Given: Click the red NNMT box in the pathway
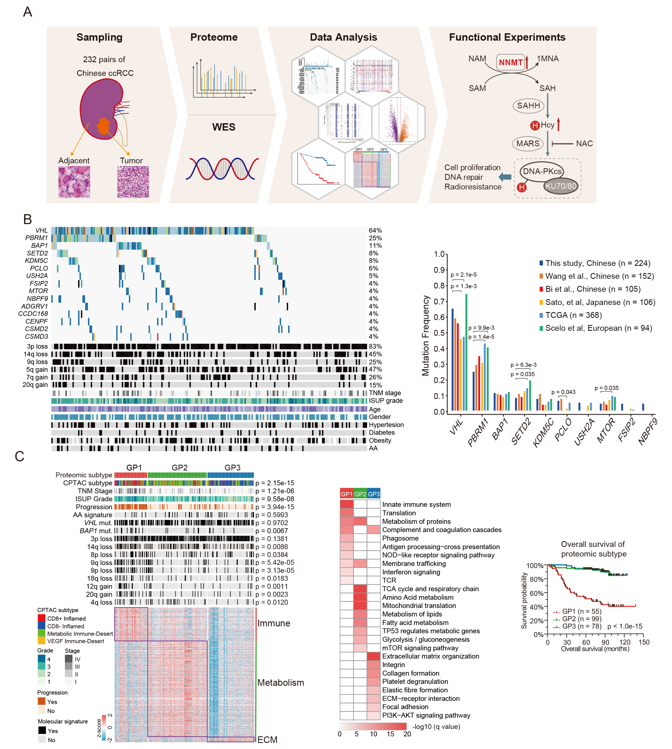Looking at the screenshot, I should point(510,62).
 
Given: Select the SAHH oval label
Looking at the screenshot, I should point(528,106).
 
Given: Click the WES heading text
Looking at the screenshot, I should point(224,127).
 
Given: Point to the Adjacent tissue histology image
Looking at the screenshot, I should point(74,182).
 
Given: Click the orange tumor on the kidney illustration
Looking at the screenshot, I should point(103,126).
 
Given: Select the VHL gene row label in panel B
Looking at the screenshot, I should point(41,230).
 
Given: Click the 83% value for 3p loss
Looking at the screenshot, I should point(375,346).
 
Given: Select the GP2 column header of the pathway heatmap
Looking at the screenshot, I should point(360,494).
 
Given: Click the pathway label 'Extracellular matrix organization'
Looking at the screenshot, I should point(431,656).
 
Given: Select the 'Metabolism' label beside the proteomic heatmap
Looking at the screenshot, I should point(281,682).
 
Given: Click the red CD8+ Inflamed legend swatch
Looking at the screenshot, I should point(41,618).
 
